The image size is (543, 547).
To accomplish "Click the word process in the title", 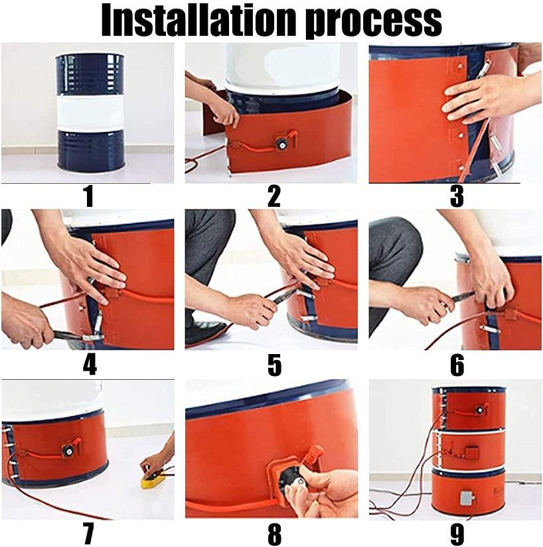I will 374,21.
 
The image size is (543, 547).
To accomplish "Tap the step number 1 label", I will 89,197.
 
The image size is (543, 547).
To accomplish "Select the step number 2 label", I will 273,197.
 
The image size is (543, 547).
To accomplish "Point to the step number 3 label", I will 457,197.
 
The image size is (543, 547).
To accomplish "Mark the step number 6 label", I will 457,365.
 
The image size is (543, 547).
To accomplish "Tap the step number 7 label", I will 89,534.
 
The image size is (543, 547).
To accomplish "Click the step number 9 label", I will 457,534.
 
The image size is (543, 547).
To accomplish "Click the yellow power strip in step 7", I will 154,481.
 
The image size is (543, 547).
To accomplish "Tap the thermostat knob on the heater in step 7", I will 68,450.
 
